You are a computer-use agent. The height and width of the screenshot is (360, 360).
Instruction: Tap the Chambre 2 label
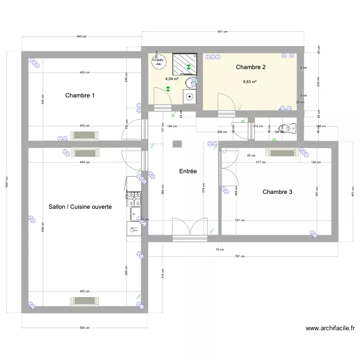point(251,67)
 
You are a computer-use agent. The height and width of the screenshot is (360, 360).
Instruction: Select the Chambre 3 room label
point(277,192)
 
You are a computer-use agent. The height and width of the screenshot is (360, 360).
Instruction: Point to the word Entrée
point(188,171)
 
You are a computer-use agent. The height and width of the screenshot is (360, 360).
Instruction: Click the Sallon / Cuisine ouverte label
point(80,207)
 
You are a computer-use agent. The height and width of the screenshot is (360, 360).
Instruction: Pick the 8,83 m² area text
point(250,82)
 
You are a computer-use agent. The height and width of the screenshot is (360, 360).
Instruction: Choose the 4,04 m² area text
point(171,79)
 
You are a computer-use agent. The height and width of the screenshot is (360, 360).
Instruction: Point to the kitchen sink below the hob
point(134,214)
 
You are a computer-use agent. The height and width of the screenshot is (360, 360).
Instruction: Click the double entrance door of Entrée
point(191,228)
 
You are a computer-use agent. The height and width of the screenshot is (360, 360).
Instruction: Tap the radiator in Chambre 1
point(84,135)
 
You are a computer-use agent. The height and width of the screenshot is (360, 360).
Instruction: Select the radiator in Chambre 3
point(282,153)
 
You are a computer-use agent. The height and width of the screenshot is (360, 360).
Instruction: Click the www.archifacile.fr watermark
point(330,329)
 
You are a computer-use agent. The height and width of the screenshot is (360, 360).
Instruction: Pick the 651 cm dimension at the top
point(222,32)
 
